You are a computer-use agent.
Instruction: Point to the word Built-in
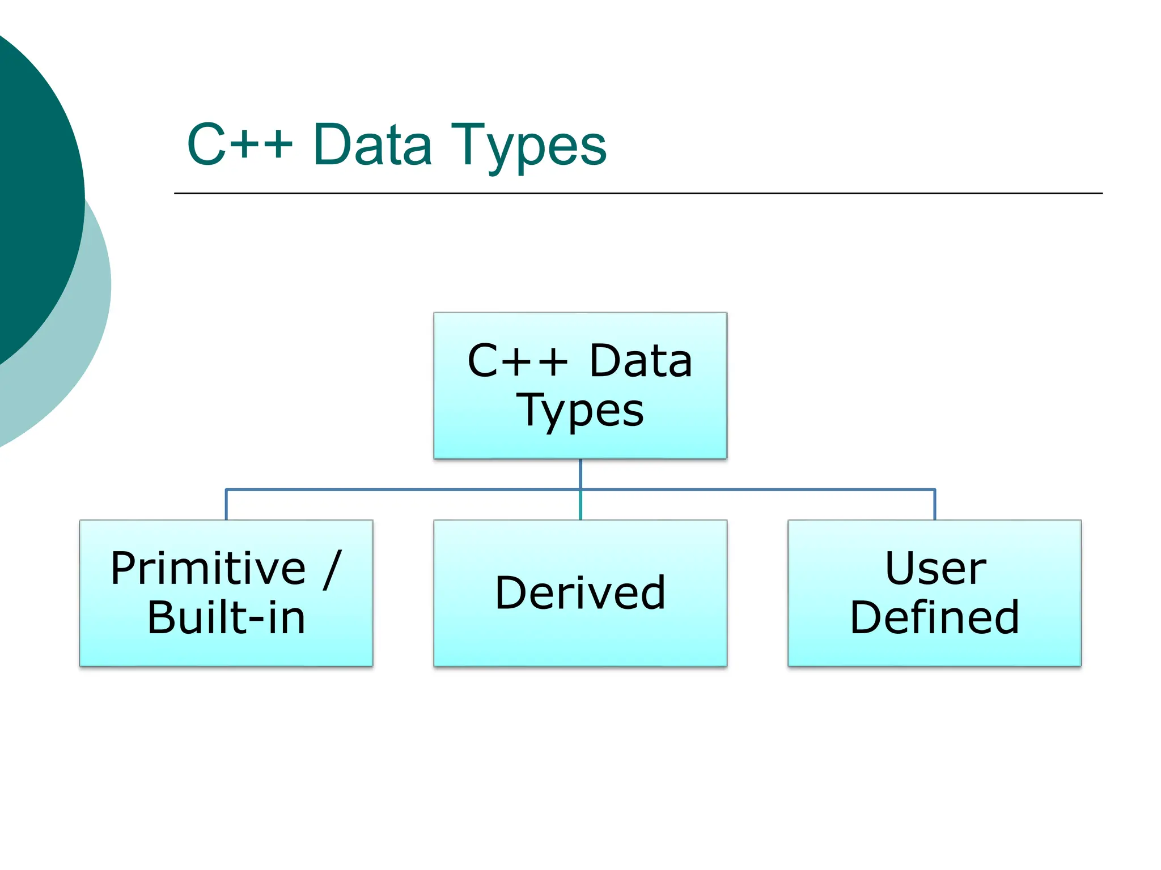[226, 617]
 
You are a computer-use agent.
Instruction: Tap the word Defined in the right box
[934, 617]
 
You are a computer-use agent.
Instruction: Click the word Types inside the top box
[580, 411]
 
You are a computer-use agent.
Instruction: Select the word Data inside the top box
[641, 361]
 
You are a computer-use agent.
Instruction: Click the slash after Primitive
[333, 569]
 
